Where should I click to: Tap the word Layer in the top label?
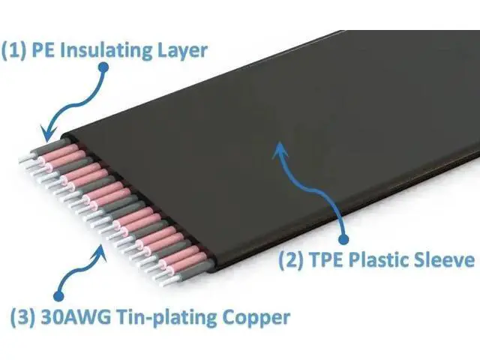tap(182, 51)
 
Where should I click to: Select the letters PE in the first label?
tap(44, 50)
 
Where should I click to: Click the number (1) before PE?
tap(14, 50)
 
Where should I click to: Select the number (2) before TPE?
tap(291, 259)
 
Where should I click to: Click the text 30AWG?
tap(75, 317)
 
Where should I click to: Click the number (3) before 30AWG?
tap(23, 317)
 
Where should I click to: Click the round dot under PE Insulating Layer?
tap(103, 67)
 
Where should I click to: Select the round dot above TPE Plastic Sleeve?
tap(344, 238)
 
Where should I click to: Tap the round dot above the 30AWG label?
tap(58, 295)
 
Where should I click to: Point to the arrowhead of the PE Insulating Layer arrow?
tap(49, 133)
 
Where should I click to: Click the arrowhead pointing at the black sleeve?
tap(280, 149)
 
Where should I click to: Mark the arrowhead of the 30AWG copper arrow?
tap(100, 253)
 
